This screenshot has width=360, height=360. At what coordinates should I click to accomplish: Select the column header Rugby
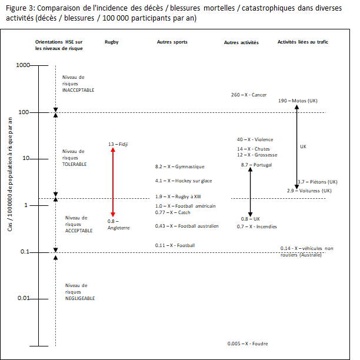[111, 42]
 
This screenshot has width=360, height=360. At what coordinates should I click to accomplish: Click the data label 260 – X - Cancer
[249, 95]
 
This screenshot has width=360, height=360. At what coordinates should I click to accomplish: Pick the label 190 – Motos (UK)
[298, 101]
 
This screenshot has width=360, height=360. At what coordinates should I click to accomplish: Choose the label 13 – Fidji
[118, 144]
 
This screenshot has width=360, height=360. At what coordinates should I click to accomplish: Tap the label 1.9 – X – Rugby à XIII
[178, 196]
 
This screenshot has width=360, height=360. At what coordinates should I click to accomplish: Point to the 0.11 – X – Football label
[175, 245]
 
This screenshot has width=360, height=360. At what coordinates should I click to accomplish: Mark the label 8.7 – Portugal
[257, 165]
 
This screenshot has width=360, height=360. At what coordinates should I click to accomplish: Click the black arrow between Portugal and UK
[251, 191]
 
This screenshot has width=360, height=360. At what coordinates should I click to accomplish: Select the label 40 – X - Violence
[255, 139]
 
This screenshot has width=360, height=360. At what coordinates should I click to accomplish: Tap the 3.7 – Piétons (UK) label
[318, 182]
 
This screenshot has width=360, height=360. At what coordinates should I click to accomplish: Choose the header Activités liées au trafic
[303, 42]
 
